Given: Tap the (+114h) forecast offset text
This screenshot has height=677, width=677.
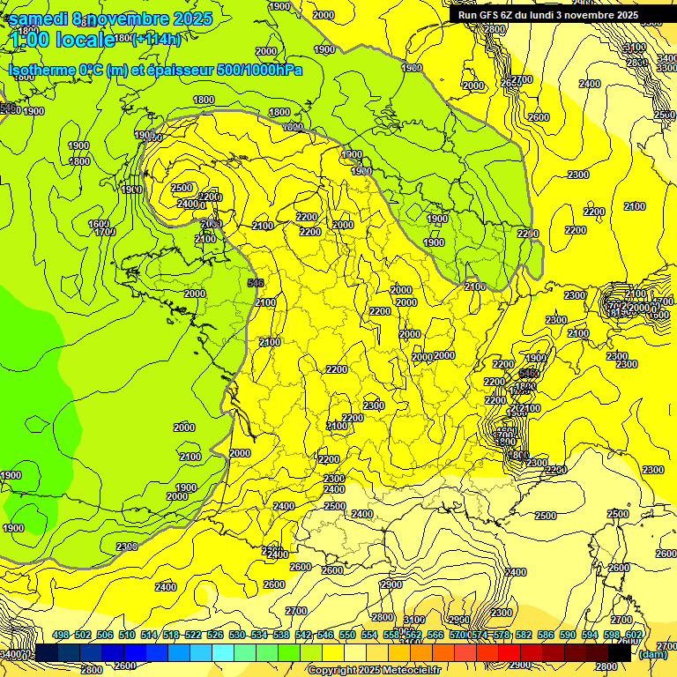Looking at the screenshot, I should [156, 39].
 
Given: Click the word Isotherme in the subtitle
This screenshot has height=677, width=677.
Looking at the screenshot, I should [41, 70].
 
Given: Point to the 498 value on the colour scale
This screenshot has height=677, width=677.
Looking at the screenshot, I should [61, 636].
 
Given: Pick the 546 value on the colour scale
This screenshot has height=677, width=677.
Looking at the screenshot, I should [325, 636].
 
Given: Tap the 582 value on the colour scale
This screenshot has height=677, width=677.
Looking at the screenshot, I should [524, 636].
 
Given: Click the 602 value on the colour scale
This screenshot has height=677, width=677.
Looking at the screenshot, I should [633, 636].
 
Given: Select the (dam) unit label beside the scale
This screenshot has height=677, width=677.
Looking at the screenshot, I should [652, 654].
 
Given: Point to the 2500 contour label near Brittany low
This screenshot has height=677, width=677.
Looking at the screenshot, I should [182, 188].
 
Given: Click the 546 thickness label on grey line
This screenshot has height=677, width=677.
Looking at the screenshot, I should [257, 282].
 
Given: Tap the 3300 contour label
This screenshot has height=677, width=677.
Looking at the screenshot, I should [666, 68].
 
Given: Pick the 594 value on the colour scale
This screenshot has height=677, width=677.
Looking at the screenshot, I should [590, 636].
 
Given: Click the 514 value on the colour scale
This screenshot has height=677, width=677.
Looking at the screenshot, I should [149, 636].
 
